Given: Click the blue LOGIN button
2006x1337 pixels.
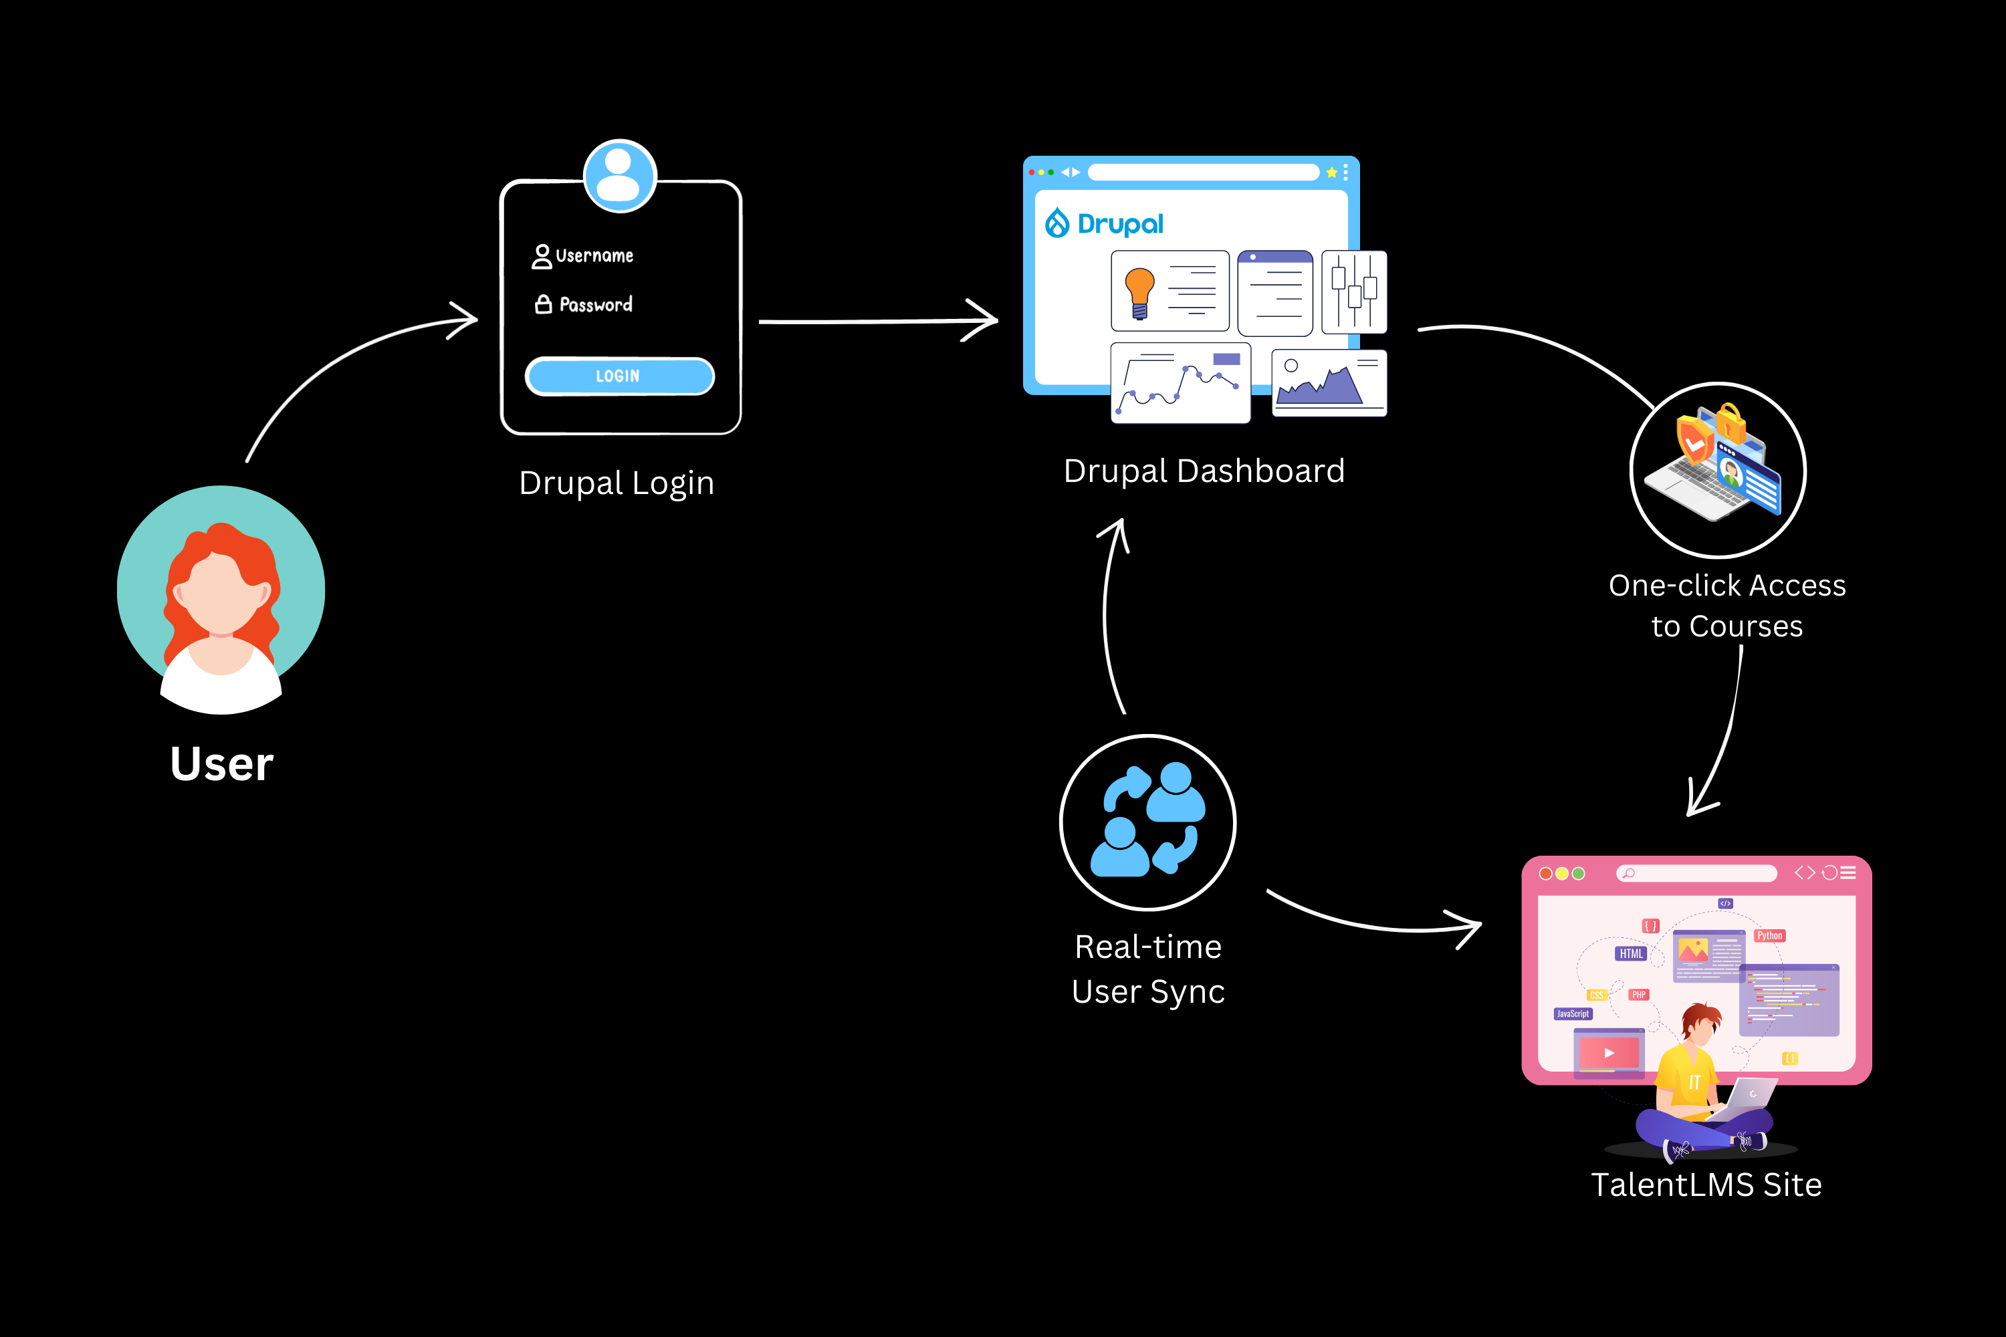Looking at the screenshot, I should (619, 376).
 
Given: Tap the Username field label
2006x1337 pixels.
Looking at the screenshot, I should (594, 256).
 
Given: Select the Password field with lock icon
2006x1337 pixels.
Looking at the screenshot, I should (594, 304).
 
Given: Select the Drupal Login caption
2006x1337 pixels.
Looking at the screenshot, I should (617, 483).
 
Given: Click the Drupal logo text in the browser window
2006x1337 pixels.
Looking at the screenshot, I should (1119, 224).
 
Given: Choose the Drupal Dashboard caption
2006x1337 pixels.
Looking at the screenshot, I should (1204, 471).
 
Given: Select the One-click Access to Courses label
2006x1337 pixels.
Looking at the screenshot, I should (1727, 606).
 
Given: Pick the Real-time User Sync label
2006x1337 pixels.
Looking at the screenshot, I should (1148, 969).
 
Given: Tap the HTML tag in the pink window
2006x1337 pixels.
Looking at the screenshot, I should (1631, 953).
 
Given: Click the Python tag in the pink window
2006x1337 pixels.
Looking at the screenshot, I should (1769, 935).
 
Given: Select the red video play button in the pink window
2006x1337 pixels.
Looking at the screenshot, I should (1609, 1053).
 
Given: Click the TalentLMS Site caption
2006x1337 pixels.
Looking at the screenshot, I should (1706, 1185).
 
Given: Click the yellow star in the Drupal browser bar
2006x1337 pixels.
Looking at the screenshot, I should (1331, 173).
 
